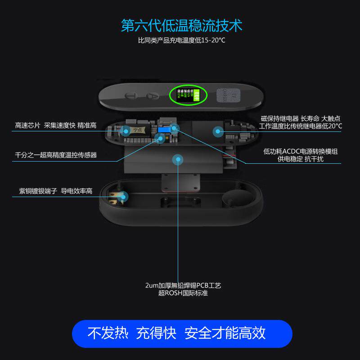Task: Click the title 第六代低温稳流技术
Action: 181,25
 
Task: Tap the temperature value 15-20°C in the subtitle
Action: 211,40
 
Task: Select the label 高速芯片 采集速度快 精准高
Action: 56,125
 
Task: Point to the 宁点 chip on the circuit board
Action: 138,130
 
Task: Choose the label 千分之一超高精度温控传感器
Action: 56,155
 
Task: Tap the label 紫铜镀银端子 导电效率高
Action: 56,191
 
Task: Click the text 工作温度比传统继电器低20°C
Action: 300,126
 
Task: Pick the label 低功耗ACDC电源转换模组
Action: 301,152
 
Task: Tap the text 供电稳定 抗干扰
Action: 301,159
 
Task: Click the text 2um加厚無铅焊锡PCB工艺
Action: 183,285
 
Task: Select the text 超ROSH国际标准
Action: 183,293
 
